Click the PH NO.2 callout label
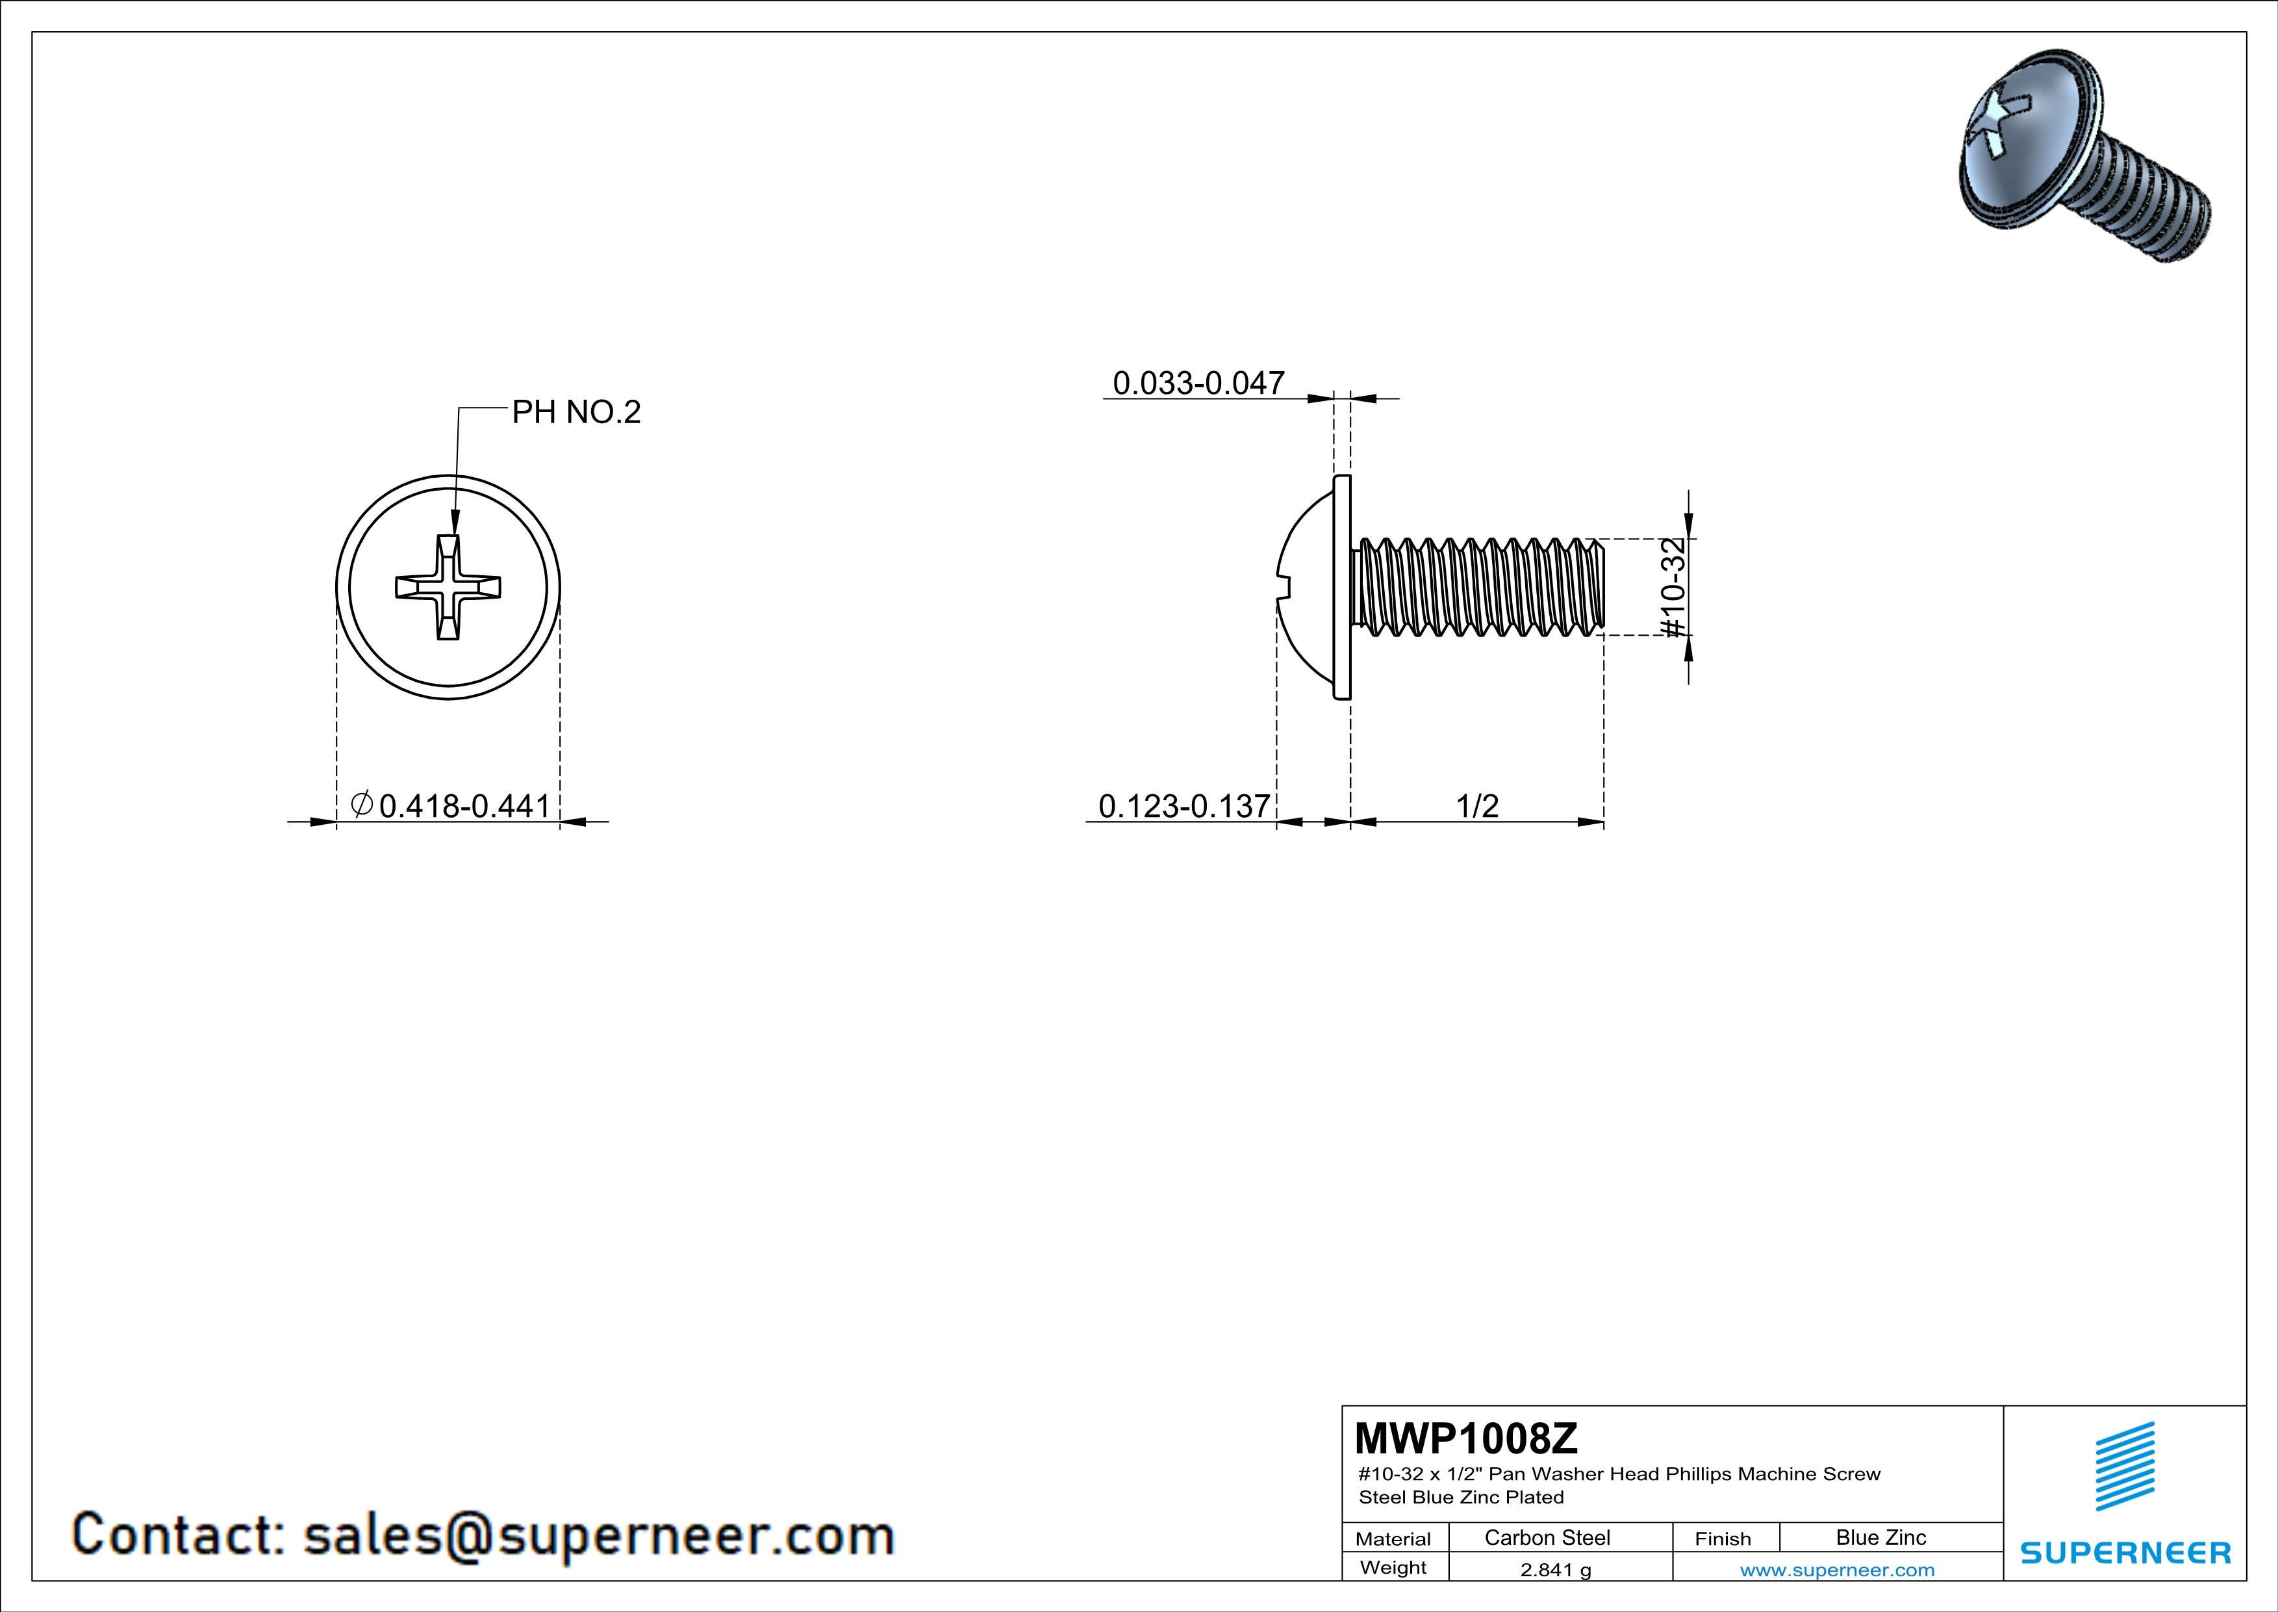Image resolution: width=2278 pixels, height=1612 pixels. [x=576, y=412]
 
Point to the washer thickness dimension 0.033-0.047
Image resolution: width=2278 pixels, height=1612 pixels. [x=1198, y=382]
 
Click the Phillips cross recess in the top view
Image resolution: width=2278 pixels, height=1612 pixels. [x=448, y=587]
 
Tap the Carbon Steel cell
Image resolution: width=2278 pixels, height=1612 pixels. [x=1547, y=1537]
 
